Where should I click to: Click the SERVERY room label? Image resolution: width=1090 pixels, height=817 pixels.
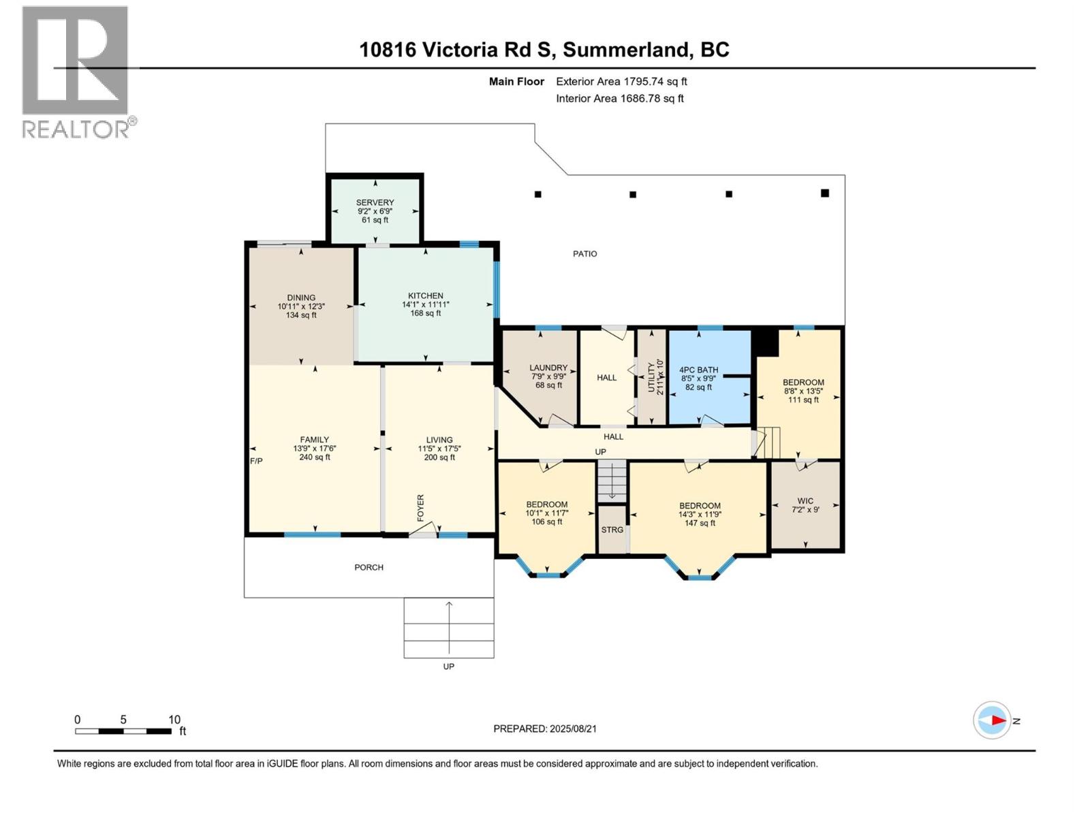[375, 202]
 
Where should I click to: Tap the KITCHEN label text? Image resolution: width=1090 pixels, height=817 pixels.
[426, 296]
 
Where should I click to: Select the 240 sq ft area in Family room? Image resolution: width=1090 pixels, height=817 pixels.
[315, 458]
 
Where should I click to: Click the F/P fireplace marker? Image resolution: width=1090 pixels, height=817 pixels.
[256, 461]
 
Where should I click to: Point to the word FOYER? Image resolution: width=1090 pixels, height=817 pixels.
[421, 508]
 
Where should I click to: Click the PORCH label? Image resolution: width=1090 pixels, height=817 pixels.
[369, 567]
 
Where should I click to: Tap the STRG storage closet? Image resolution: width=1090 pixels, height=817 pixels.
[612, 530]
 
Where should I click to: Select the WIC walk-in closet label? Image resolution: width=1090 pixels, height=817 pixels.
[805, 500]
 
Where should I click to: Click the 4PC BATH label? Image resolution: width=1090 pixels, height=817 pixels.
[699, 370]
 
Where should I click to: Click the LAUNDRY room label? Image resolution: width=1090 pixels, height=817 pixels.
[548, 368]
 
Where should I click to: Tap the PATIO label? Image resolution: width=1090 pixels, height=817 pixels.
[585, 254]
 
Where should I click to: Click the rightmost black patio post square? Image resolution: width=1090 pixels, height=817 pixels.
[825, 193]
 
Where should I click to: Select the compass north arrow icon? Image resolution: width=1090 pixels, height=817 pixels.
[993, 720]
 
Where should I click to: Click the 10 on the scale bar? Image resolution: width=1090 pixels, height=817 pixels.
[174, 720]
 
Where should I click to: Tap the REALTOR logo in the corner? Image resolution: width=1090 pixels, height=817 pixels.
[76, 71]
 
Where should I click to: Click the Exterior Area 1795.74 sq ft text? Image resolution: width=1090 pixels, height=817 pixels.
[621, 82]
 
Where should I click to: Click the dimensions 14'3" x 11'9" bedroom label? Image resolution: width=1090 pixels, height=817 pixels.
[700, 515]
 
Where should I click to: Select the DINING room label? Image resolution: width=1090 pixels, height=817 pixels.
[301, 298]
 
